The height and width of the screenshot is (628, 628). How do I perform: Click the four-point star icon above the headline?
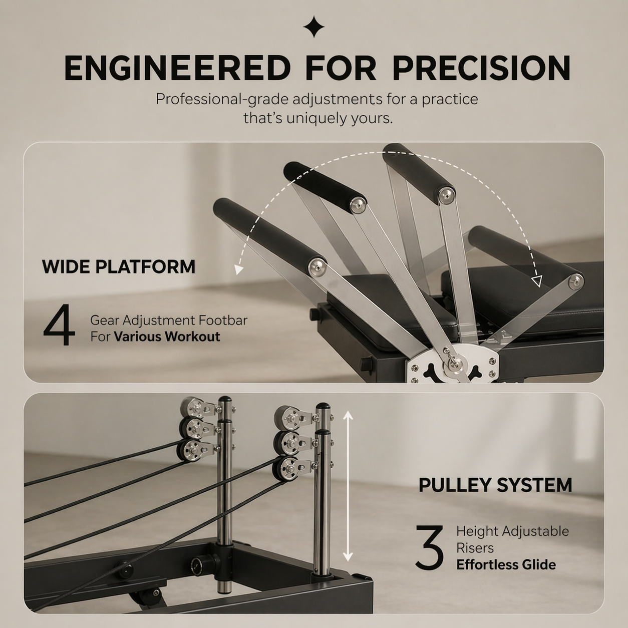coord(314,27)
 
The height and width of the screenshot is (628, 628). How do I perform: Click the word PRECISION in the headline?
coord(481,68)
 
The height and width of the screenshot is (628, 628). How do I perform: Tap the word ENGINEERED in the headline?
coord(177,68)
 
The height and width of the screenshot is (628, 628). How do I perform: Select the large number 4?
coord(59,325)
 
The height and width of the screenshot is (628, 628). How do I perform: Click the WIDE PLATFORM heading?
coord(119,267)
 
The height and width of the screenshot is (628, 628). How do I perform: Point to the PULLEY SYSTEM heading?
coord(495,485)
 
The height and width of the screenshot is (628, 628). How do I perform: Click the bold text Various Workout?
coord(167,337)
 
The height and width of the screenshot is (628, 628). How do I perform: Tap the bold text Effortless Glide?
coord(506,565)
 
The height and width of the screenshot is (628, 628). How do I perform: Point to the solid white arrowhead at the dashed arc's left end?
coord(239,269)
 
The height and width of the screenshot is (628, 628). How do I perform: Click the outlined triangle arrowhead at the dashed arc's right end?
coord(536,281)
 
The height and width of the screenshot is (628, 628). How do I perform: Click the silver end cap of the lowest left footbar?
coord(318,267)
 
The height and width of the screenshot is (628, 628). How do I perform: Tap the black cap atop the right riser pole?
coord(323,406)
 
